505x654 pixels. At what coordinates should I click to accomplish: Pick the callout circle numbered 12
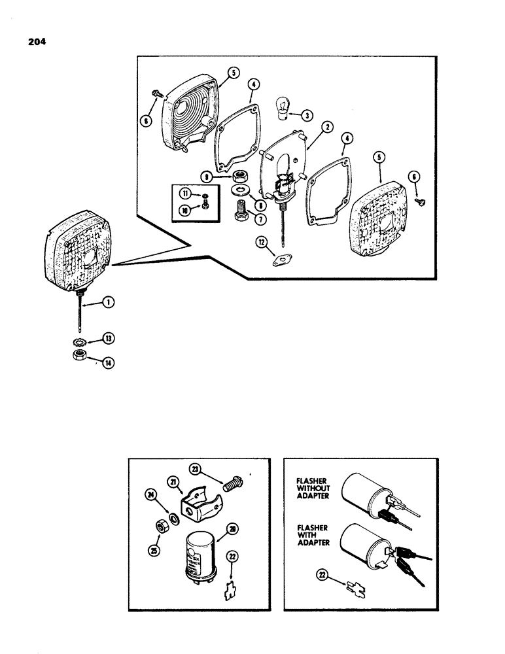tap(262, 244)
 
